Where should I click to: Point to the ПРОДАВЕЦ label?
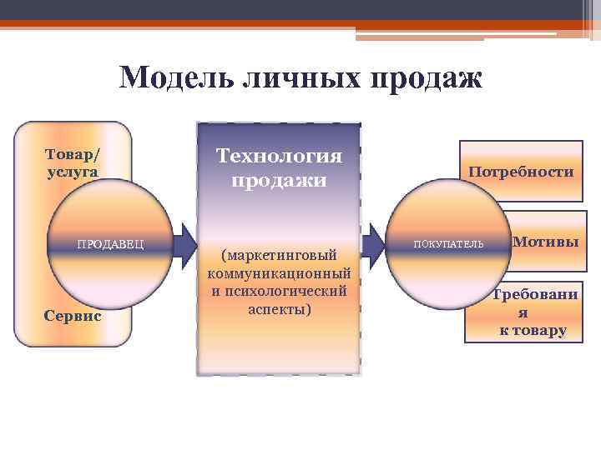coord(111,244)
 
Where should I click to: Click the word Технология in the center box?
coord(279,156)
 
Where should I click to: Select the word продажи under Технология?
coord(279,180)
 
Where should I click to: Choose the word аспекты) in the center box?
coord(279,309)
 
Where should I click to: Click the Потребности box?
coord(521,172)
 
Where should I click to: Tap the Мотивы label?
coord(545,242)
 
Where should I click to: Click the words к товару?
coord(533,331)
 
